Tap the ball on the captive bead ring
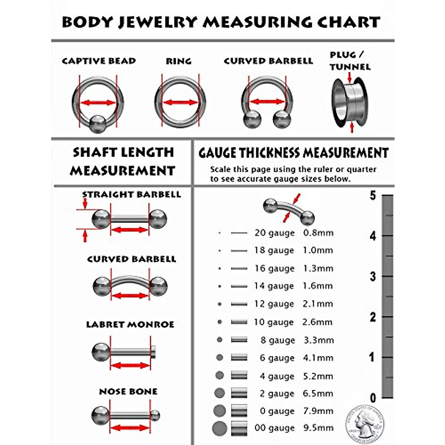coord(98,124)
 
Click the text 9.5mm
coord(318,428)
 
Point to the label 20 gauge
coord(274,233)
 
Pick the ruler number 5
coord(373,195)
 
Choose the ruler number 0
coord(373,398)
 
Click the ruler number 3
coord(373,277)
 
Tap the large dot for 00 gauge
coord(220,429)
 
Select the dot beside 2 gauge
coord(220,393)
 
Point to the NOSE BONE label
coord(128,392)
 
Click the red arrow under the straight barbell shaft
coord(130,230)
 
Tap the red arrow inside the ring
coord(181,102)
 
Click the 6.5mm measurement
coord(318,393)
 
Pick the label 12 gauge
coord(274,304)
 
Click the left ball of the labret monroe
coord(101,352)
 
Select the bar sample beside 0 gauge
coord(239,411)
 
